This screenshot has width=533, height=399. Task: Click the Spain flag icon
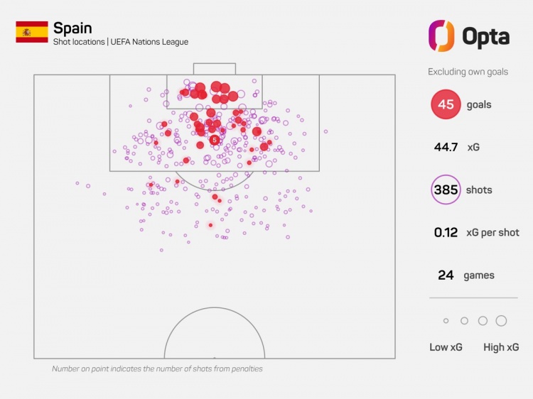32,32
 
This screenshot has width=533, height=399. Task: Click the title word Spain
72,28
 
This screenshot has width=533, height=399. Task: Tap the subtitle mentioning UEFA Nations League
121,43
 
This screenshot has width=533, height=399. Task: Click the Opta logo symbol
441,35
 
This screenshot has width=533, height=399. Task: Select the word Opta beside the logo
485,36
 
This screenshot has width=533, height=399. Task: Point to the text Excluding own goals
468,72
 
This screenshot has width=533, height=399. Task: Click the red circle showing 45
446,105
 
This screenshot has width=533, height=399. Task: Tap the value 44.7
446,148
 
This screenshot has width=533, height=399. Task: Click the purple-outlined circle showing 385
446,190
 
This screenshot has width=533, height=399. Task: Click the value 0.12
446,233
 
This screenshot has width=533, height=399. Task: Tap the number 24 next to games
446,275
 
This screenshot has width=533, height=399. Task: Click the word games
478,275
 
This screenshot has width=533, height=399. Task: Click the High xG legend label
501,347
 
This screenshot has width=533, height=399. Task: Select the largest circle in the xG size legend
501,321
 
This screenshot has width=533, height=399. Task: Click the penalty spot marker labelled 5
214,140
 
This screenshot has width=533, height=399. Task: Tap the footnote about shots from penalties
157,369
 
